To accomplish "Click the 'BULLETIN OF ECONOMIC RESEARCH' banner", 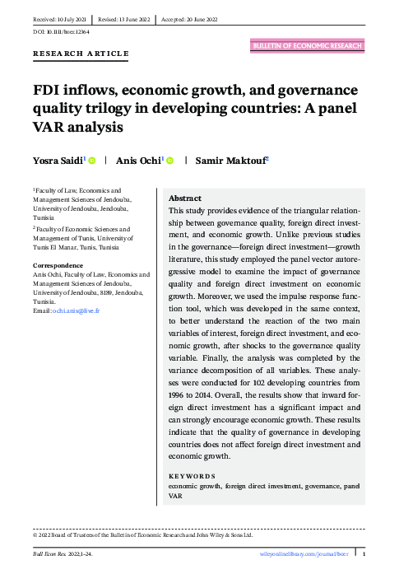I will point(306,46).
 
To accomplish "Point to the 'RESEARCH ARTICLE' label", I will point(81,54).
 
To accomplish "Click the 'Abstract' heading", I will point(184,199).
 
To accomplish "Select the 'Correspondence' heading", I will point(58,265).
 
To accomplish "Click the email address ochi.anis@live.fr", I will point(77,310).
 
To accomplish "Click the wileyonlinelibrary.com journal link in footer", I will point(304,556).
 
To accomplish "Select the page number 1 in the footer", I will point(363,556).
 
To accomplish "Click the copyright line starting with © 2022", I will point(142,534).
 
